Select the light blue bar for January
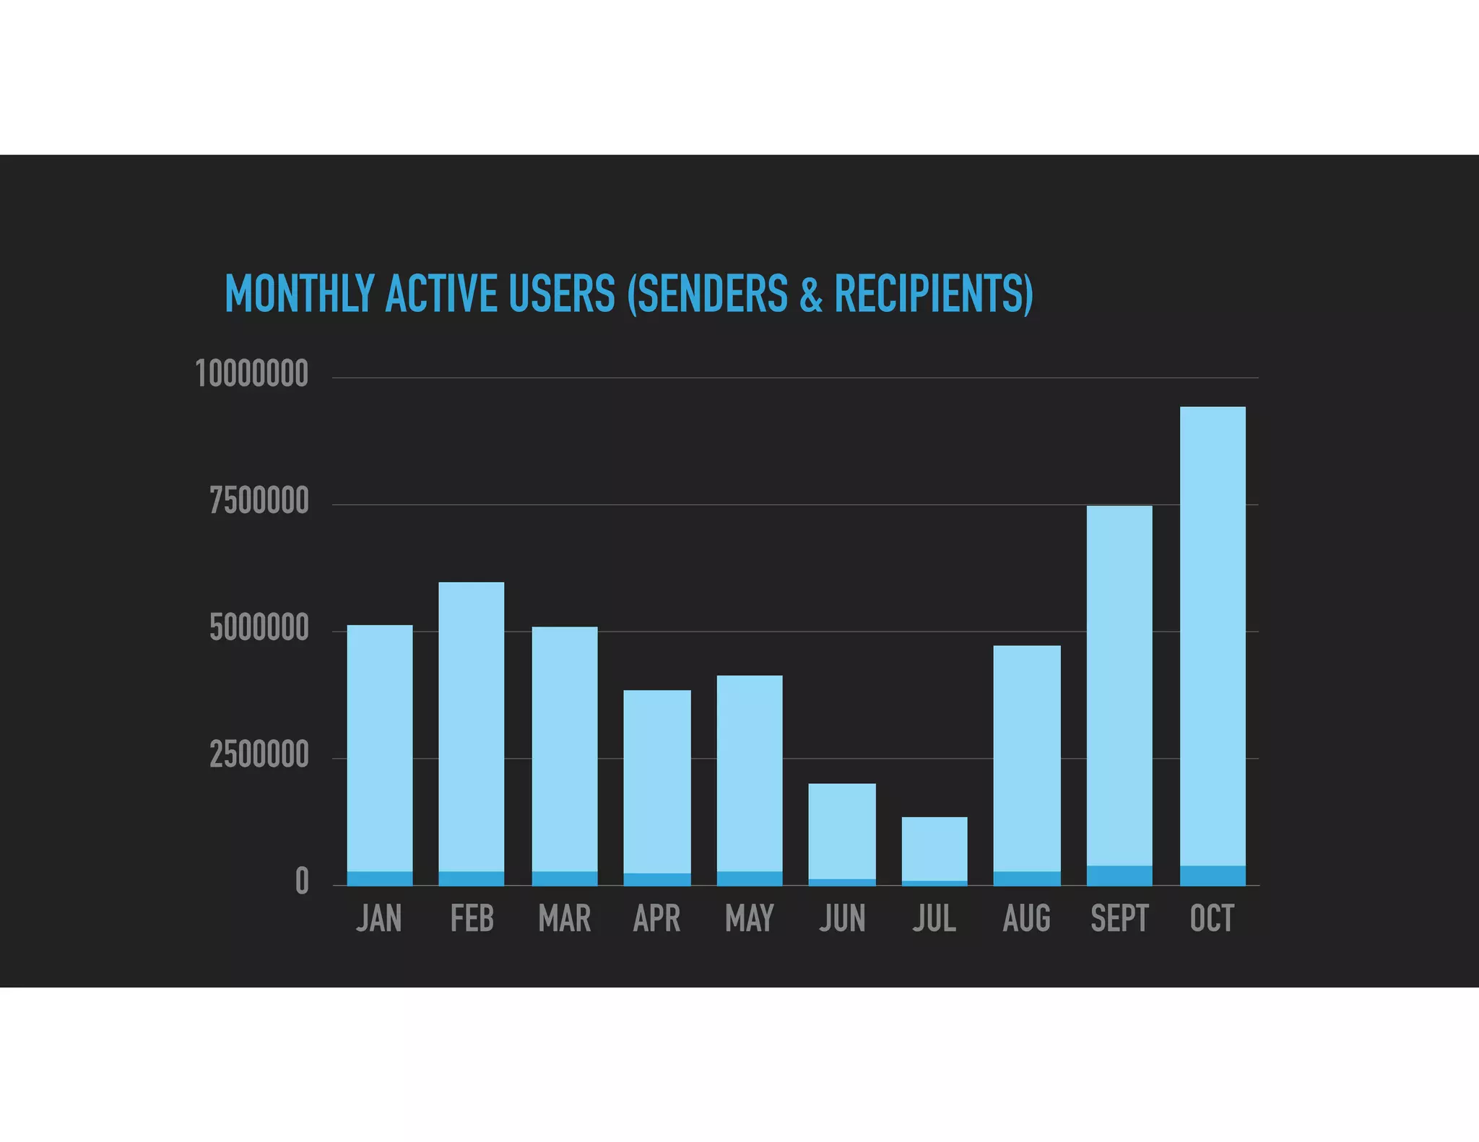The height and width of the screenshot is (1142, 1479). [380, 747]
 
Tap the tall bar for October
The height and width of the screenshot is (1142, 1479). [1213, 635]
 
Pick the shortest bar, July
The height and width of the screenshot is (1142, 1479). [934, 848]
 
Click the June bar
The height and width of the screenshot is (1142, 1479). [842, 830]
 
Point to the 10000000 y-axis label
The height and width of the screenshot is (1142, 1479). [252, 374]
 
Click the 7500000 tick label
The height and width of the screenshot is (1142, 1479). [259, 501]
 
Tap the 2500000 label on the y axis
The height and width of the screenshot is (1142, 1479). [259, 755]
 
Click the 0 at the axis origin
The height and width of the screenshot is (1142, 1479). [302, 881]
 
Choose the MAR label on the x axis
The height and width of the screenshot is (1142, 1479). [565, 919]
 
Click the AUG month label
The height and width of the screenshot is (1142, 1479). [1026, 919]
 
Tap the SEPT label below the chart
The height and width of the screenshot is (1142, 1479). [1119, 919]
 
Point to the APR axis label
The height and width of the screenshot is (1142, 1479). [656, 919]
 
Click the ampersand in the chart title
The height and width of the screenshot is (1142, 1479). [811, 294]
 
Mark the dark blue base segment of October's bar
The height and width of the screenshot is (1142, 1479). [1213, 875]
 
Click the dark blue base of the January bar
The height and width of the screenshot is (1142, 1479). [380, 878]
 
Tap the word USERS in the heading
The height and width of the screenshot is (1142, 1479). [562, 294]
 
